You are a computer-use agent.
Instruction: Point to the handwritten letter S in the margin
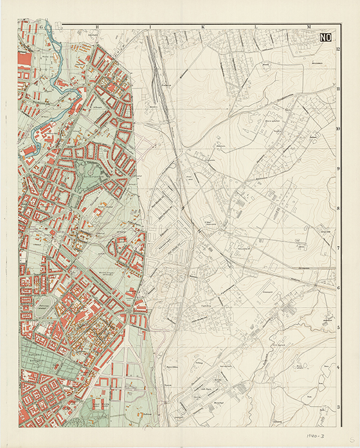point(350,440)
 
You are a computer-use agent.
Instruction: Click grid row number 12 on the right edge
point(338,49)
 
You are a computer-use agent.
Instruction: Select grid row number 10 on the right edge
point(338,128)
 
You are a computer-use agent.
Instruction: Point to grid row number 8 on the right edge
point(338,208)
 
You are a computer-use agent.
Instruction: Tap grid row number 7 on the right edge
point(338,248)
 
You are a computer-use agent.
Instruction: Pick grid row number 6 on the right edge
point(338,288)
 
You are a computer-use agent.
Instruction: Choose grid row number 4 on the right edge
point(338,368)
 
